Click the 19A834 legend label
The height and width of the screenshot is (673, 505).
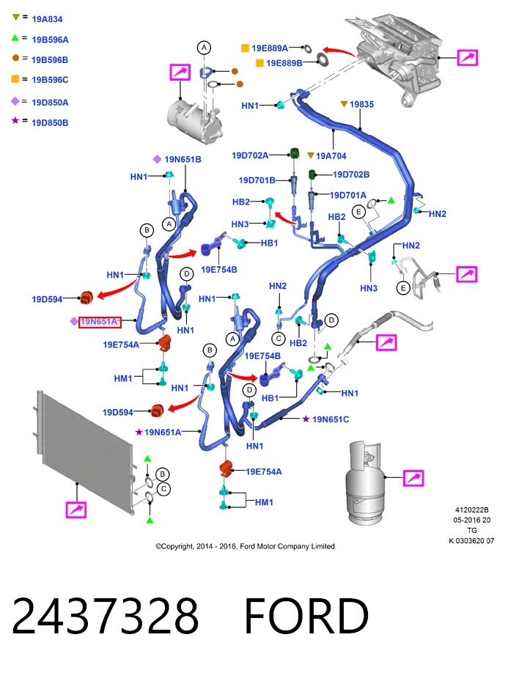pyautogui.click(x=47, y=19)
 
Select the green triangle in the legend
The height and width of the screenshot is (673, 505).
pyautogui.click(x=15, y=38)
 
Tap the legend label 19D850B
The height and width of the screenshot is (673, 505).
pyautogui.click(x=50, y=122)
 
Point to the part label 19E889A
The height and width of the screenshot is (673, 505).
pyautogui.click(x=270, y=48)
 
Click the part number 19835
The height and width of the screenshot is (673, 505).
pyautogui.click(x=361, y=104)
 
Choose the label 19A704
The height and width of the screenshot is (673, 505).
pyautogui.click(x=331, y=156)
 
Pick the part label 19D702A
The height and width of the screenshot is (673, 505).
pyautogui.click(x=250, y=155)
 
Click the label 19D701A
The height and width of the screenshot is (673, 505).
pyautogui.click(x=348, y=195)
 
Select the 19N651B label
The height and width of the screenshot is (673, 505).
pyautogui.click(x=183, y=159)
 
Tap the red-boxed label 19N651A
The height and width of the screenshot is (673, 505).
pyautogui.click(x=100, y=322)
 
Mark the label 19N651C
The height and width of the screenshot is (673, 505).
pyautogui.click(x=331, y=419)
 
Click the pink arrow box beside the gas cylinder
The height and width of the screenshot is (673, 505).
pyautogui.click(x=413, y=478)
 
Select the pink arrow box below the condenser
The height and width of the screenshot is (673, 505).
pyautogui.click(x=76, y=510)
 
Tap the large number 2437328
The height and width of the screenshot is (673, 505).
pyautogui.click(x=105, y=616)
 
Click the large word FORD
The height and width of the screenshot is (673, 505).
pyautogui.click(x=306, y=616)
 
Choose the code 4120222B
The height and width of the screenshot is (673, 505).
pyautogui.click(x=471, y=510)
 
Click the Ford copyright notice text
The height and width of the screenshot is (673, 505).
pyautogui.click(x=245, y=546)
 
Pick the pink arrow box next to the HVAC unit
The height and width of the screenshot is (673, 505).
pyautogui.click(x=467, y=57)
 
